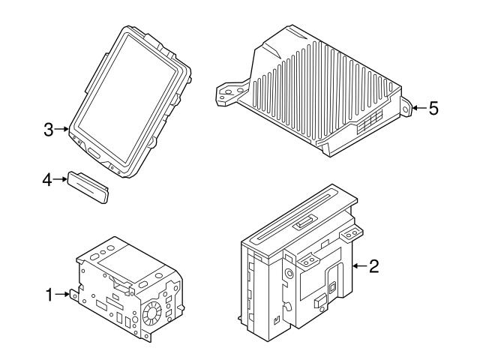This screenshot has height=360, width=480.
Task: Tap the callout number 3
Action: (x=49, y=130)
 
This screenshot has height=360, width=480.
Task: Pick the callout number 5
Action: (x=433, y=108)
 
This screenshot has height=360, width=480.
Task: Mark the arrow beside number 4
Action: (x=61, y=180)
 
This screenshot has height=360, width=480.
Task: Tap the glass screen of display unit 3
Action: (x=127, y=97)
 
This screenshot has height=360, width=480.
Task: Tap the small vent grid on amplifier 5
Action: (x=369, y=122)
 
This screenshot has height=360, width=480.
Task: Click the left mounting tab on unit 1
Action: (x=73, y=293)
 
